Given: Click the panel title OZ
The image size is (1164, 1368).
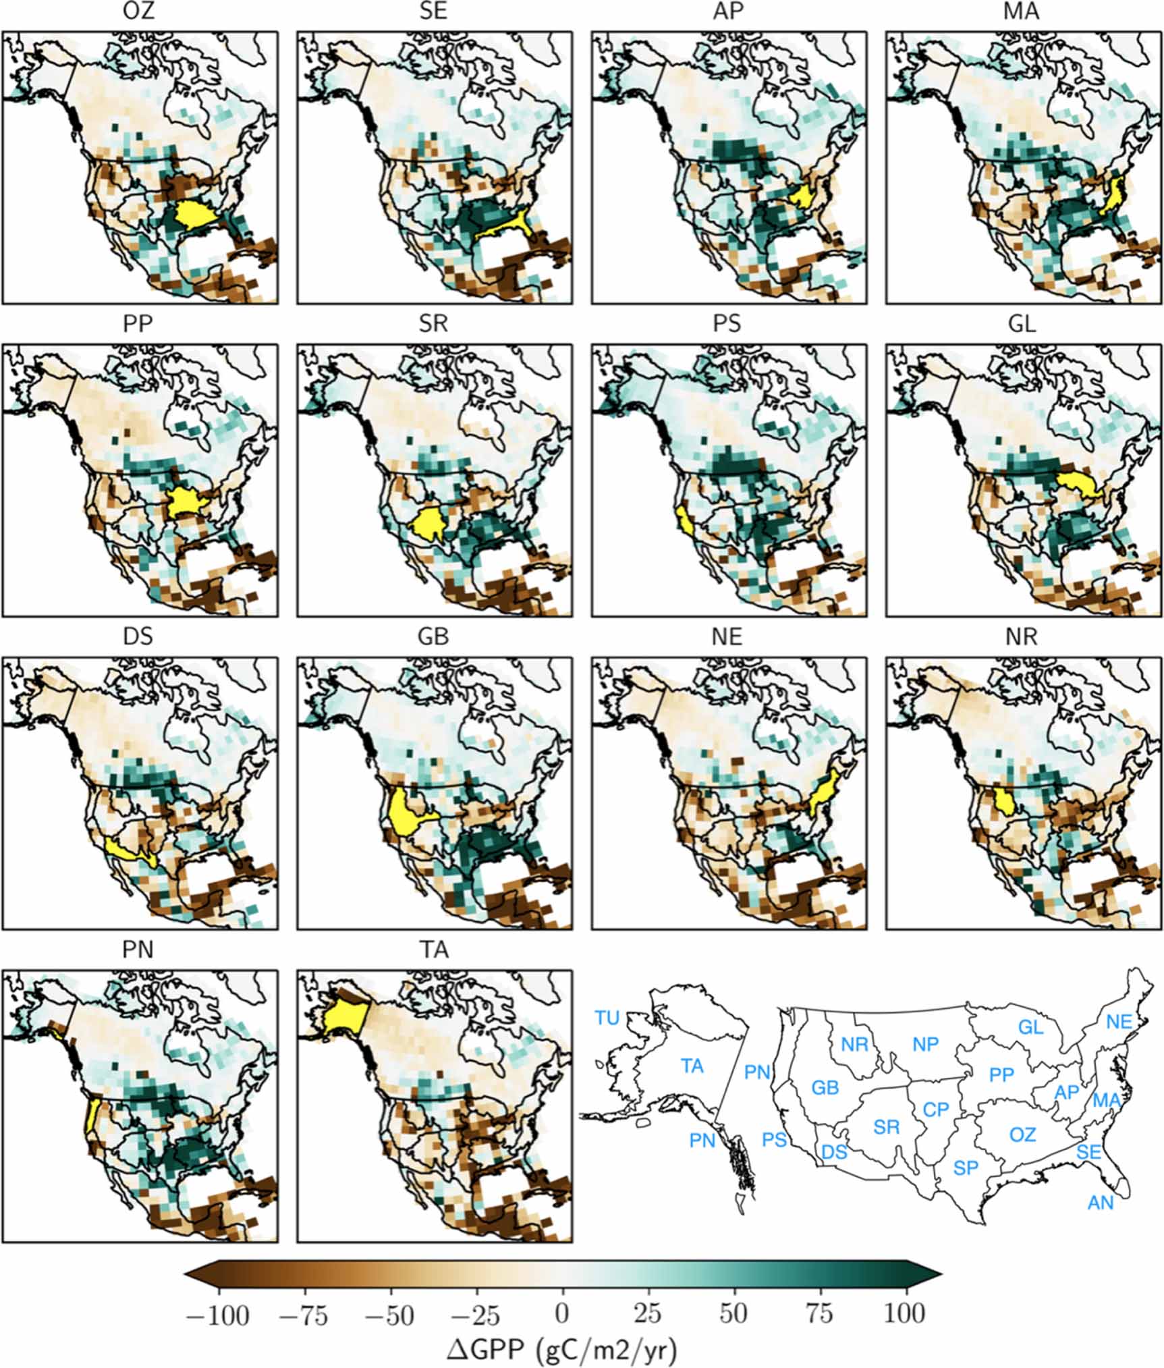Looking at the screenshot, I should [x=138, y=11].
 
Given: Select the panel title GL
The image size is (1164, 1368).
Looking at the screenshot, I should [x=1022, y=324].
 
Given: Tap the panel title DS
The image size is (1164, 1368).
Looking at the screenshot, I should [x=138, y=636].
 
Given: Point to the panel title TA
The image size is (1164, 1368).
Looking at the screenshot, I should [x=433, y=950].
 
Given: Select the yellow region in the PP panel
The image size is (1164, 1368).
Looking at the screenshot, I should [x=184, y=501].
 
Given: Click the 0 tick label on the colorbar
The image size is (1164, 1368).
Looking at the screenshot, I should [x=561, y=1312].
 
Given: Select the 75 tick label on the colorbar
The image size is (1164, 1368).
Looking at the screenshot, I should [x=820, y=1312].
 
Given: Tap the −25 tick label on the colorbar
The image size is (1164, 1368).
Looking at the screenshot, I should [x=476, y=1312].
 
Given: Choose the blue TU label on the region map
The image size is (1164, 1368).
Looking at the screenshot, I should [x=607, y=1018].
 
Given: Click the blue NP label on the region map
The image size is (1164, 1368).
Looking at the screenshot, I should [x=925, y=1044].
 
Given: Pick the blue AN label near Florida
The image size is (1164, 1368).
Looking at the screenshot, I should [x=1101, y=1202].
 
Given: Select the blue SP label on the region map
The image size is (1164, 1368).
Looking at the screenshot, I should [x=966, y=1168].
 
